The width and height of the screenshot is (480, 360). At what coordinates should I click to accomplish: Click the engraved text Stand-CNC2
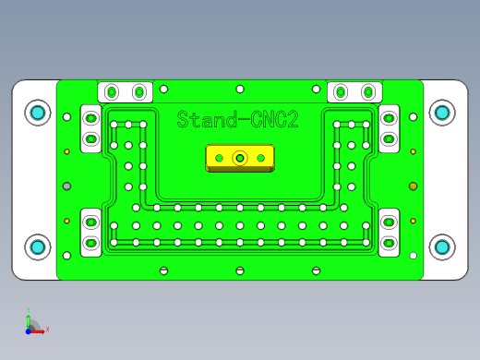click(236, 119)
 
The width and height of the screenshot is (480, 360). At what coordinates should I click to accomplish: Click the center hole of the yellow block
click(240, 158)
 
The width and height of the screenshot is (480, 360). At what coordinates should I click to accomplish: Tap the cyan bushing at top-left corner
click(38, 113)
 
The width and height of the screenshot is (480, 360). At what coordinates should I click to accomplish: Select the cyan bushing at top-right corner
click(442, 113)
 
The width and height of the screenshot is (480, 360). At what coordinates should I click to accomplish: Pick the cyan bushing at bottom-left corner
click(38, 246)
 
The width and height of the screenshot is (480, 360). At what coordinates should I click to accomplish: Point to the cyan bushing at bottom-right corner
click(442, 246)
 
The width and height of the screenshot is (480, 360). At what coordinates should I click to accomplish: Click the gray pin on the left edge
click(66, 186)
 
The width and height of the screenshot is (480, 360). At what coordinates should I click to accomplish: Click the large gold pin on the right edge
click(413, 186)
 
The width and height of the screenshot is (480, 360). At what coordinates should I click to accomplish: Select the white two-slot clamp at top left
click(125, 91)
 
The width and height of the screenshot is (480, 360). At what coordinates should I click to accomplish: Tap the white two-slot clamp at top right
click(354, 91)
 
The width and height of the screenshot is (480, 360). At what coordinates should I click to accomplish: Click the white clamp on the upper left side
click(91, 128)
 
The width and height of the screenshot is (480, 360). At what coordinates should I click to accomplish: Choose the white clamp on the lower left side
click(91, 234)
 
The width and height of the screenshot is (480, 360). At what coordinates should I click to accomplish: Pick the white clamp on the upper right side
click(389, 128)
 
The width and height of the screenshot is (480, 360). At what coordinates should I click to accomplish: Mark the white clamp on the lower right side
click(389, 234)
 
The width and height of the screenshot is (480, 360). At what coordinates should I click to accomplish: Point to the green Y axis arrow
click(29, 315)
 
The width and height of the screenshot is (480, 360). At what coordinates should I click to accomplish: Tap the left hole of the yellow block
click(219, 159)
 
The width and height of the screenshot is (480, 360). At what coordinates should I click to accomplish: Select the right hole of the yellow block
click(261, 159)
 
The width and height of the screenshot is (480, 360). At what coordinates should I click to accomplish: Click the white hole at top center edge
click(240, 89)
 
